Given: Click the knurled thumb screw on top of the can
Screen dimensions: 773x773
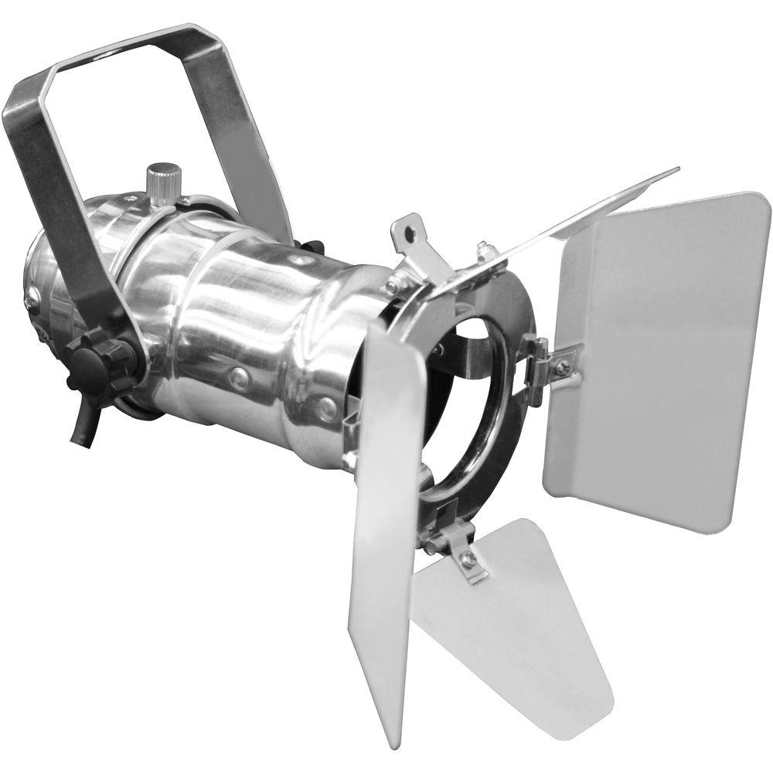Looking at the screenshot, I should pyautogui.click(x=163, y=181).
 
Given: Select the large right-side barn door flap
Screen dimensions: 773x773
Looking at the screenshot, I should pyautogui.click(x=657, y=356).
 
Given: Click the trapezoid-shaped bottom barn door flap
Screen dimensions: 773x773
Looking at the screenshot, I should pyautogui.click(x=510, y=626).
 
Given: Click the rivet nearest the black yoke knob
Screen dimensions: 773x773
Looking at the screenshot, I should pyautogui.click(x=240, y=377).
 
